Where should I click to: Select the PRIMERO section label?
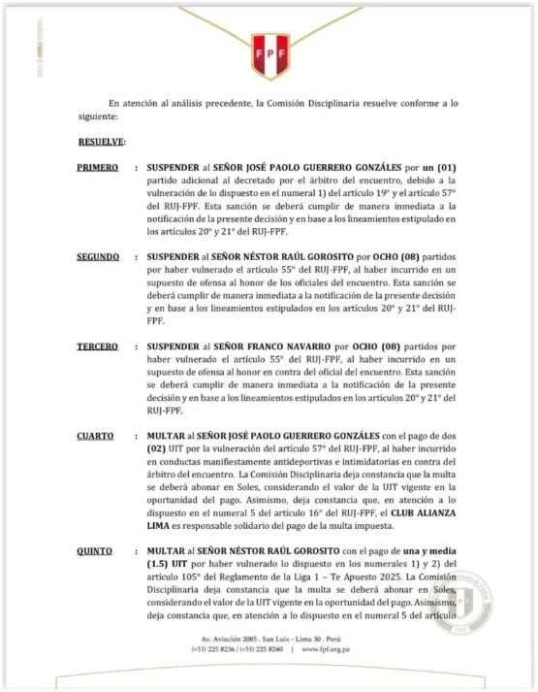tap(97, 168)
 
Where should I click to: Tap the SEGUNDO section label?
tap(98, 257)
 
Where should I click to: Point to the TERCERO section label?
tap(97, 346)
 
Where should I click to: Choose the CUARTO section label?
tap(95, 436)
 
